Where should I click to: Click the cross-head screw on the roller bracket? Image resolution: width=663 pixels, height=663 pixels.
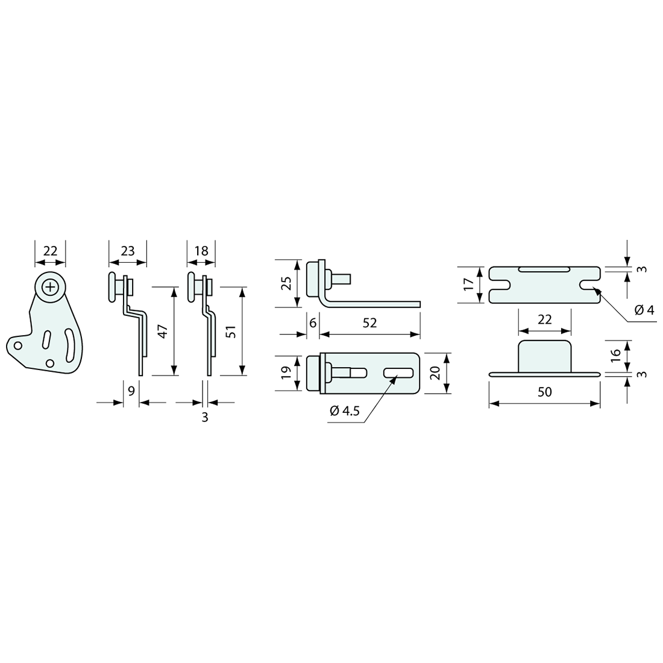(x=50, y=287)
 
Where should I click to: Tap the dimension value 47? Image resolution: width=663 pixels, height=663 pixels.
(x=163, y=331)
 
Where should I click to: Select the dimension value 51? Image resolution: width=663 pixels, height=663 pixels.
(x=231, y=331)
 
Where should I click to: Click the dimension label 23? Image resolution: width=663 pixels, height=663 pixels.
(x=128, y=251)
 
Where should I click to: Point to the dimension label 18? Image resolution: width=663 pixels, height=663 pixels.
(x=202, y=251)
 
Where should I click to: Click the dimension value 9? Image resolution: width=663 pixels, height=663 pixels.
(x=131, y=391)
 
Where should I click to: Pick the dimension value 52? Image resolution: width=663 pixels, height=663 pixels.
(x=370, y=322)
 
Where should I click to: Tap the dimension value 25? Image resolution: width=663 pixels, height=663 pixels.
(x=287, y=283)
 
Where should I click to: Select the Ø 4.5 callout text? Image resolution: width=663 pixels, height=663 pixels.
(x=345, y=410)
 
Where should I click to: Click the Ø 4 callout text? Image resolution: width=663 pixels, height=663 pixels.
(x=644, y=310)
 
